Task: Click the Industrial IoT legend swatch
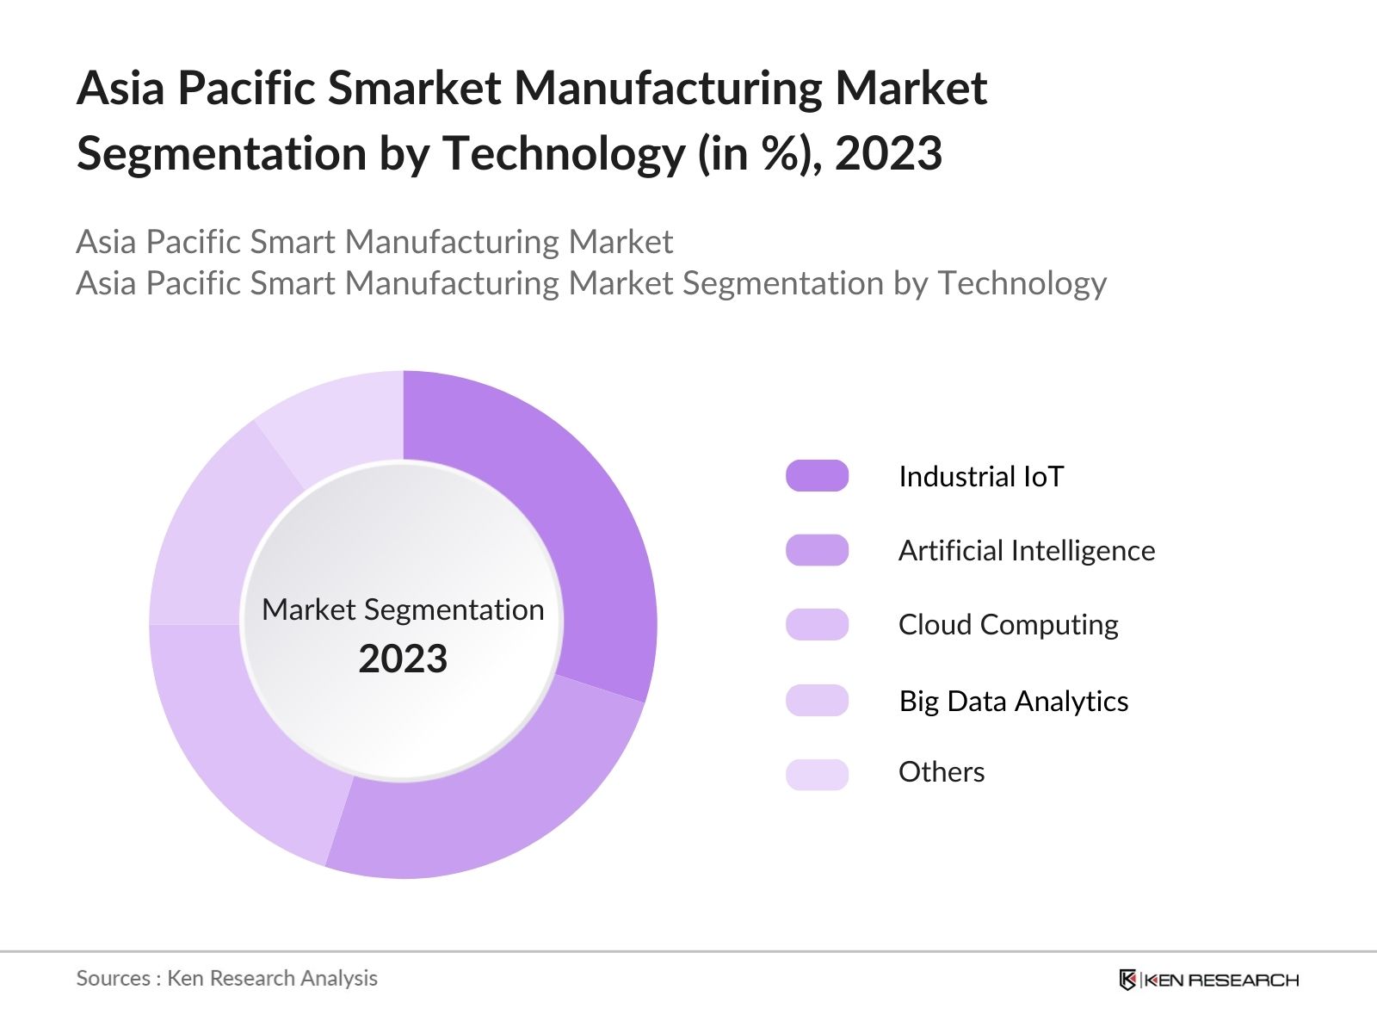click(817, 476)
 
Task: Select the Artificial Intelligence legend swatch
click(817, 550)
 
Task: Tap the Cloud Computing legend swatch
click(817, 624)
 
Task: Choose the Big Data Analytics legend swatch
click(817, 700)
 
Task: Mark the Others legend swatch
click(817, 774)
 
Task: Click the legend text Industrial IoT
click(981, 476)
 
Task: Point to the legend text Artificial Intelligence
click(1027, 550)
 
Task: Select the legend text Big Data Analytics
click(1013, 701)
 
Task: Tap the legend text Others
click(942, 772)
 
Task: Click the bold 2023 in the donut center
click(403, 659)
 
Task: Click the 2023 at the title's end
click(888, 153)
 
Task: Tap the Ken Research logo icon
click(1127, 980)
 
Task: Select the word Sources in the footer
click(113, 978)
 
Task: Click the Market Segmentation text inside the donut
click(403, 609)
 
